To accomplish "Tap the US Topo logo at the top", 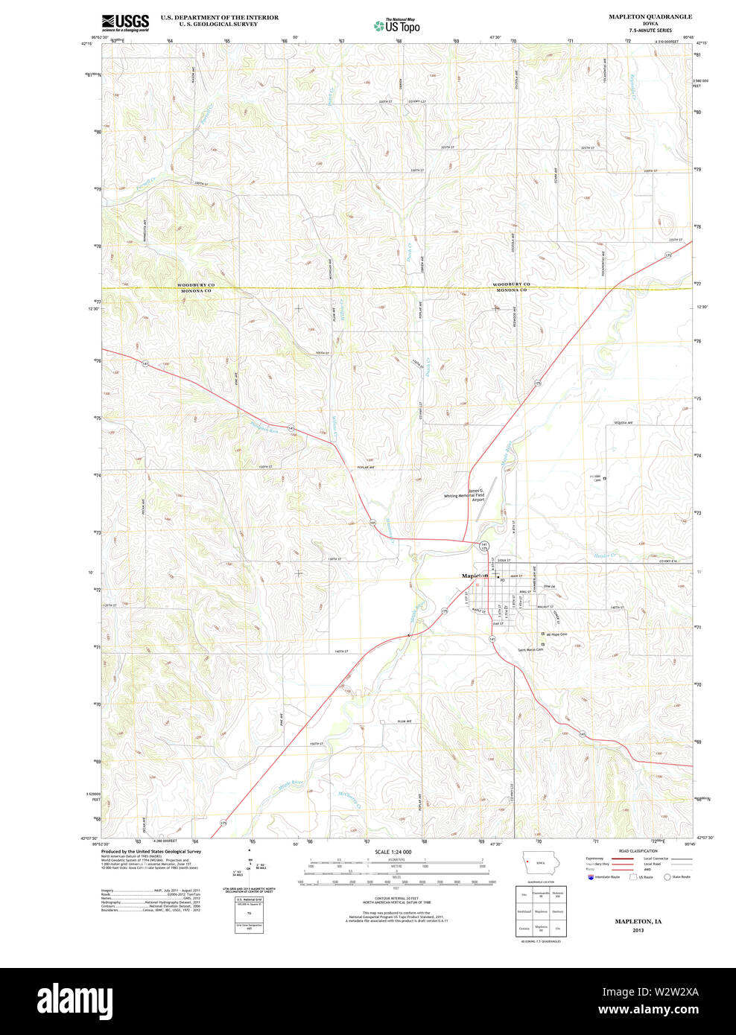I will click(x=397, y=25).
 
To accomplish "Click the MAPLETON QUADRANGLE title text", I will click(x=650, y=16).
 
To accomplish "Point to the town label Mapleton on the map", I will click(x=475, y=576).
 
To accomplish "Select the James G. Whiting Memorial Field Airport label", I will click(x=465, y=494).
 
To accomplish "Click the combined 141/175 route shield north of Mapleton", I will click(x=484, y=547).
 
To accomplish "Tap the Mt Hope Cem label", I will click(x=554, y=634).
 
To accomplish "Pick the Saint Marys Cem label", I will click(x=530, y=649).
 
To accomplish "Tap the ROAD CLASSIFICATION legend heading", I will click(x=638, y=850).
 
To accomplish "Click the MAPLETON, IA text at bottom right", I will click(x=638, y=921).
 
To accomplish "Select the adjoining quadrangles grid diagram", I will click(x=542, y=911).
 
